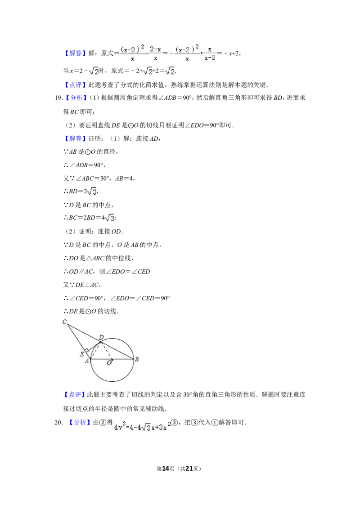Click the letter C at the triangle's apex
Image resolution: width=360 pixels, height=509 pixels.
(x=64, y=321)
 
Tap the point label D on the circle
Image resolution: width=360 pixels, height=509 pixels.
(x=101, y=337)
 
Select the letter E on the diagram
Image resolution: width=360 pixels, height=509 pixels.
(x=82, y=354)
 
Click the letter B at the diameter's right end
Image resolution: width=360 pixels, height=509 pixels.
(x=137, y=359)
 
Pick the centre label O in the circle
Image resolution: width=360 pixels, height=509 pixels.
(x=109, y=363)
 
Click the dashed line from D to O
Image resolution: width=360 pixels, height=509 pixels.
(x=107, y=351)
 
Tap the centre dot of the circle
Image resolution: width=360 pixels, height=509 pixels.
(x=112, y=359)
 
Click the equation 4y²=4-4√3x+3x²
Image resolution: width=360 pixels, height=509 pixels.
(x=142, y=425)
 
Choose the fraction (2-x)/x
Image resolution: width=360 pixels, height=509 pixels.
(x=155, y=53)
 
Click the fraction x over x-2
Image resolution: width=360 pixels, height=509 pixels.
(x=210, y=53)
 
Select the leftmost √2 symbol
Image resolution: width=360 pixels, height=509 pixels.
(x=93, y=71)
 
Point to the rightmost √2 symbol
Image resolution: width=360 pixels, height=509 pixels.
(x=169, y=71)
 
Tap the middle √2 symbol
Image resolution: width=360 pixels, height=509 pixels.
(x=148, y=71)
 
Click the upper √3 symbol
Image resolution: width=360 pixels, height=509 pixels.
(x=92, y=192)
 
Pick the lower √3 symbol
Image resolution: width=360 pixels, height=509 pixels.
(x=108, y=218)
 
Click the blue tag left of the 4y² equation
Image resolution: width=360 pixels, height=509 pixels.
(x=80, y=423)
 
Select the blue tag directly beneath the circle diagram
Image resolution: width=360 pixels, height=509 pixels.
(x=75, y=395)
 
